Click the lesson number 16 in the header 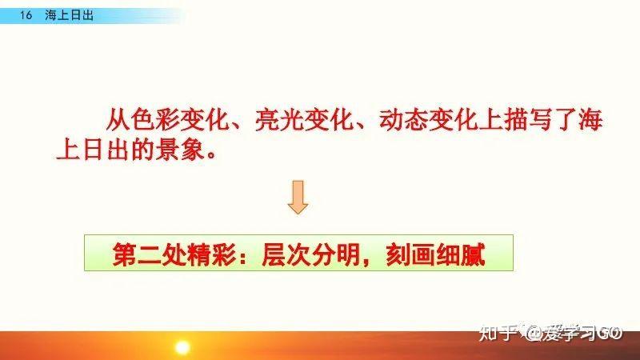click(x=25, y=16)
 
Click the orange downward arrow click(x=298, y=197)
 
